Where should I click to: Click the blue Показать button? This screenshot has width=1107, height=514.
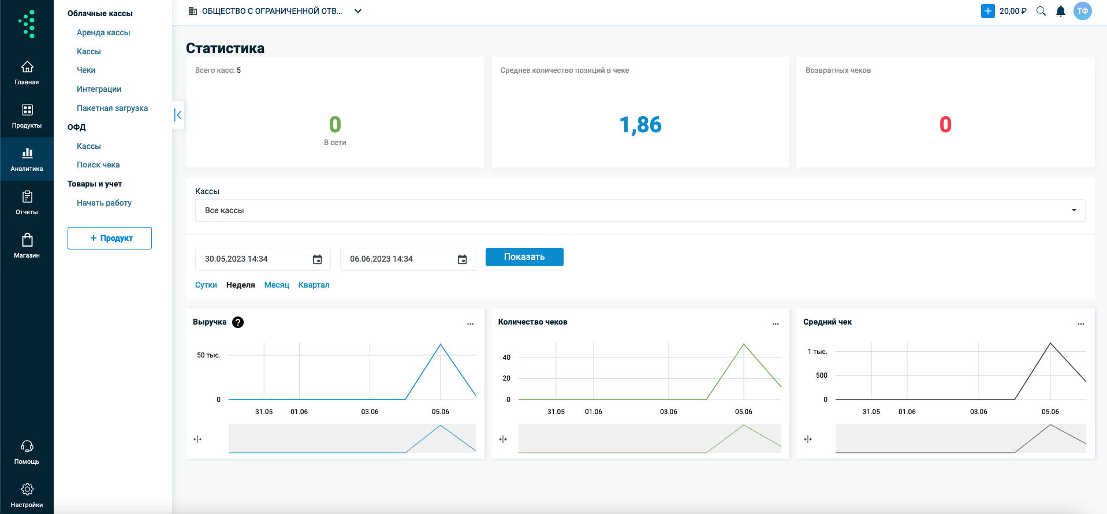[x=524, y=257]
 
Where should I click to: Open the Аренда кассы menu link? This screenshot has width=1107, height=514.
[x=103, y=32]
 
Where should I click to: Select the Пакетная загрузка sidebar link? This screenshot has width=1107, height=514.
[x=112, y=108]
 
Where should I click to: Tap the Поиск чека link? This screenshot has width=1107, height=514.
[x=98, y=165]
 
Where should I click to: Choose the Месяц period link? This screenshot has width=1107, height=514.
[x=277, y=285]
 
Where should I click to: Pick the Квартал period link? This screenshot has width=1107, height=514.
[x=314, y=285]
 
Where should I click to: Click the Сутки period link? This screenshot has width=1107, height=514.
[x=206, y=285]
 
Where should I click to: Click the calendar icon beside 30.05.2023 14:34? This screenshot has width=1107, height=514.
[x=318, y=259]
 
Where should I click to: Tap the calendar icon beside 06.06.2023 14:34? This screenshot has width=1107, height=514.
[x=463, y=259]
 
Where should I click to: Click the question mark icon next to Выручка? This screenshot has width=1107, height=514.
[x=238, y=322]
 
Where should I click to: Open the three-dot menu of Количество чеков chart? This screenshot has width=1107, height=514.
[x=776, y=324]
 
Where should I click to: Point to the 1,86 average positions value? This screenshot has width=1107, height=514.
[x=640, y=125]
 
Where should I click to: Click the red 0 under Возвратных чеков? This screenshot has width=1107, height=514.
[x=945, y=125]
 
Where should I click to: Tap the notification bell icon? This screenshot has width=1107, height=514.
[x=1061, y=11]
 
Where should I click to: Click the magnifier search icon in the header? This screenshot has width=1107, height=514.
[x=1041, y=11]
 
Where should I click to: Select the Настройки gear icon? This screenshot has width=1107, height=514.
[x=27, y=489]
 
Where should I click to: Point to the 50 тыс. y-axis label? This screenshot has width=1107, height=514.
[x=208, y=355]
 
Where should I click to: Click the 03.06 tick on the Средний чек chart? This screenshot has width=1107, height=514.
[x=979, y=412]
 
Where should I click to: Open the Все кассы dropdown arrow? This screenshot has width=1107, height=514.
[x=1074, y=210]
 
